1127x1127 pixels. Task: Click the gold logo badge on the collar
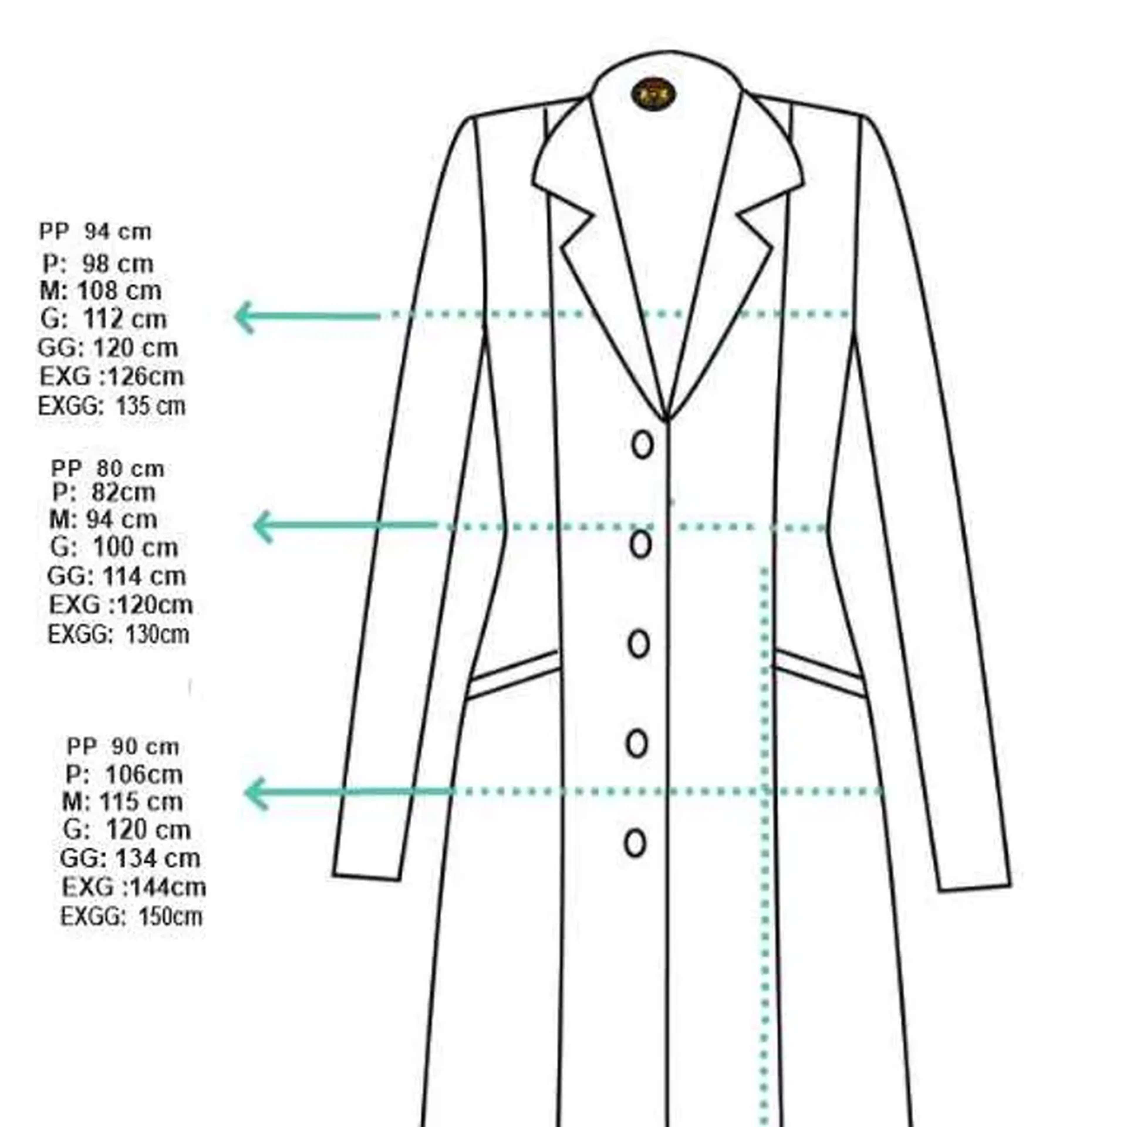[x=653, y=93]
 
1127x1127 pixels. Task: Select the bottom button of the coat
[x=635, y=843]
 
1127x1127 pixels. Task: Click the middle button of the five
[x=639, y=644]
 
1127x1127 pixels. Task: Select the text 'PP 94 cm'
[x=95, y=232]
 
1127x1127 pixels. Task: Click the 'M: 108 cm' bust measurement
[x=100, y=291]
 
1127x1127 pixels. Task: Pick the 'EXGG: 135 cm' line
[x=112, y=406]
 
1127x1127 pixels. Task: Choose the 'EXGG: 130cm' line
[x=118, y=635]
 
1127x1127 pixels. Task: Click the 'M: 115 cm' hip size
[x=122, y=802]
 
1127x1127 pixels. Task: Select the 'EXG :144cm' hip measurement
[x=134, y=887]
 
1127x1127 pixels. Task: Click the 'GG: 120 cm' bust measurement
[x=107, y=348]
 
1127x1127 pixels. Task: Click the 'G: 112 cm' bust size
[x=104, y=319]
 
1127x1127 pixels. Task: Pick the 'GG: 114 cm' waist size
[x=116, y=576]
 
